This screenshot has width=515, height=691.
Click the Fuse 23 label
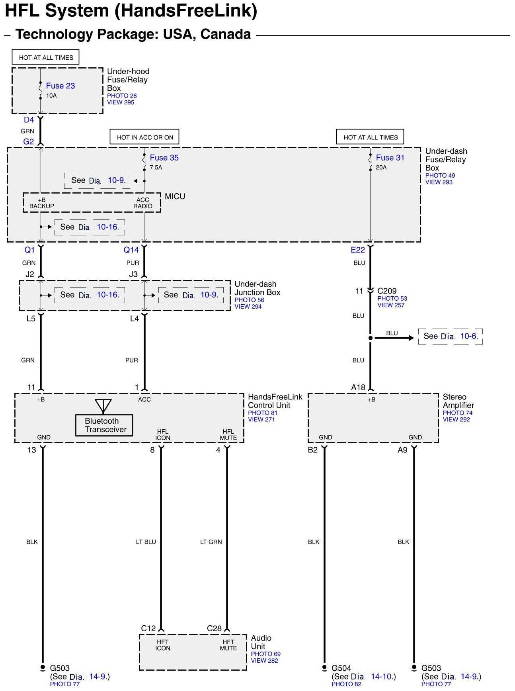[x=60, y=86]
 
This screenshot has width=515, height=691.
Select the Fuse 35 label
[x=164, y=158]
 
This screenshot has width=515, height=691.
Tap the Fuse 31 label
[x=390, y=158]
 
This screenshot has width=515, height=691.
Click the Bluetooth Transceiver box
[x=104, y=425]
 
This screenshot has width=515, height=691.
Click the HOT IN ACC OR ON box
[x=144, y=137]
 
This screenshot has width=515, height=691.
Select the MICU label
[x=175, y=196]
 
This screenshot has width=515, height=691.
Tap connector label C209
[x=387, y=291]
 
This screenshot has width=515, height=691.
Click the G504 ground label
[x=341, y=668]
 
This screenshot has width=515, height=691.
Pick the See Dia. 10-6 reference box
[x=450, y=336]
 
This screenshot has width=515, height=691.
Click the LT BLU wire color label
[x=146, y=542]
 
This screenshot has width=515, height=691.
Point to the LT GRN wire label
[x=211, y=542]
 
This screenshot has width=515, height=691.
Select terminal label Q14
[x=131, y=250]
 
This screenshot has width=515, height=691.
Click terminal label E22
[x=358, y=250]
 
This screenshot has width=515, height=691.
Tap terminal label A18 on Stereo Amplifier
[x=358, y=387]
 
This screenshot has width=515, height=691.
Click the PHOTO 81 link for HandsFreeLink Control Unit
[x=263, y=413]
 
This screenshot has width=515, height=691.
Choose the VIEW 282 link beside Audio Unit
[x=264, y=660]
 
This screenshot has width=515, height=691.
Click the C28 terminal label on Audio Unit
[x=214, y=628]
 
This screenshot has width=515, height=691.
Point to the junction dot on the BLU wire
[x=371, y=338]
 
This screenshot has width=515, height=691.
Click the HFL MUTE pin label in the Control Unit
[x=228, y=435]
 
